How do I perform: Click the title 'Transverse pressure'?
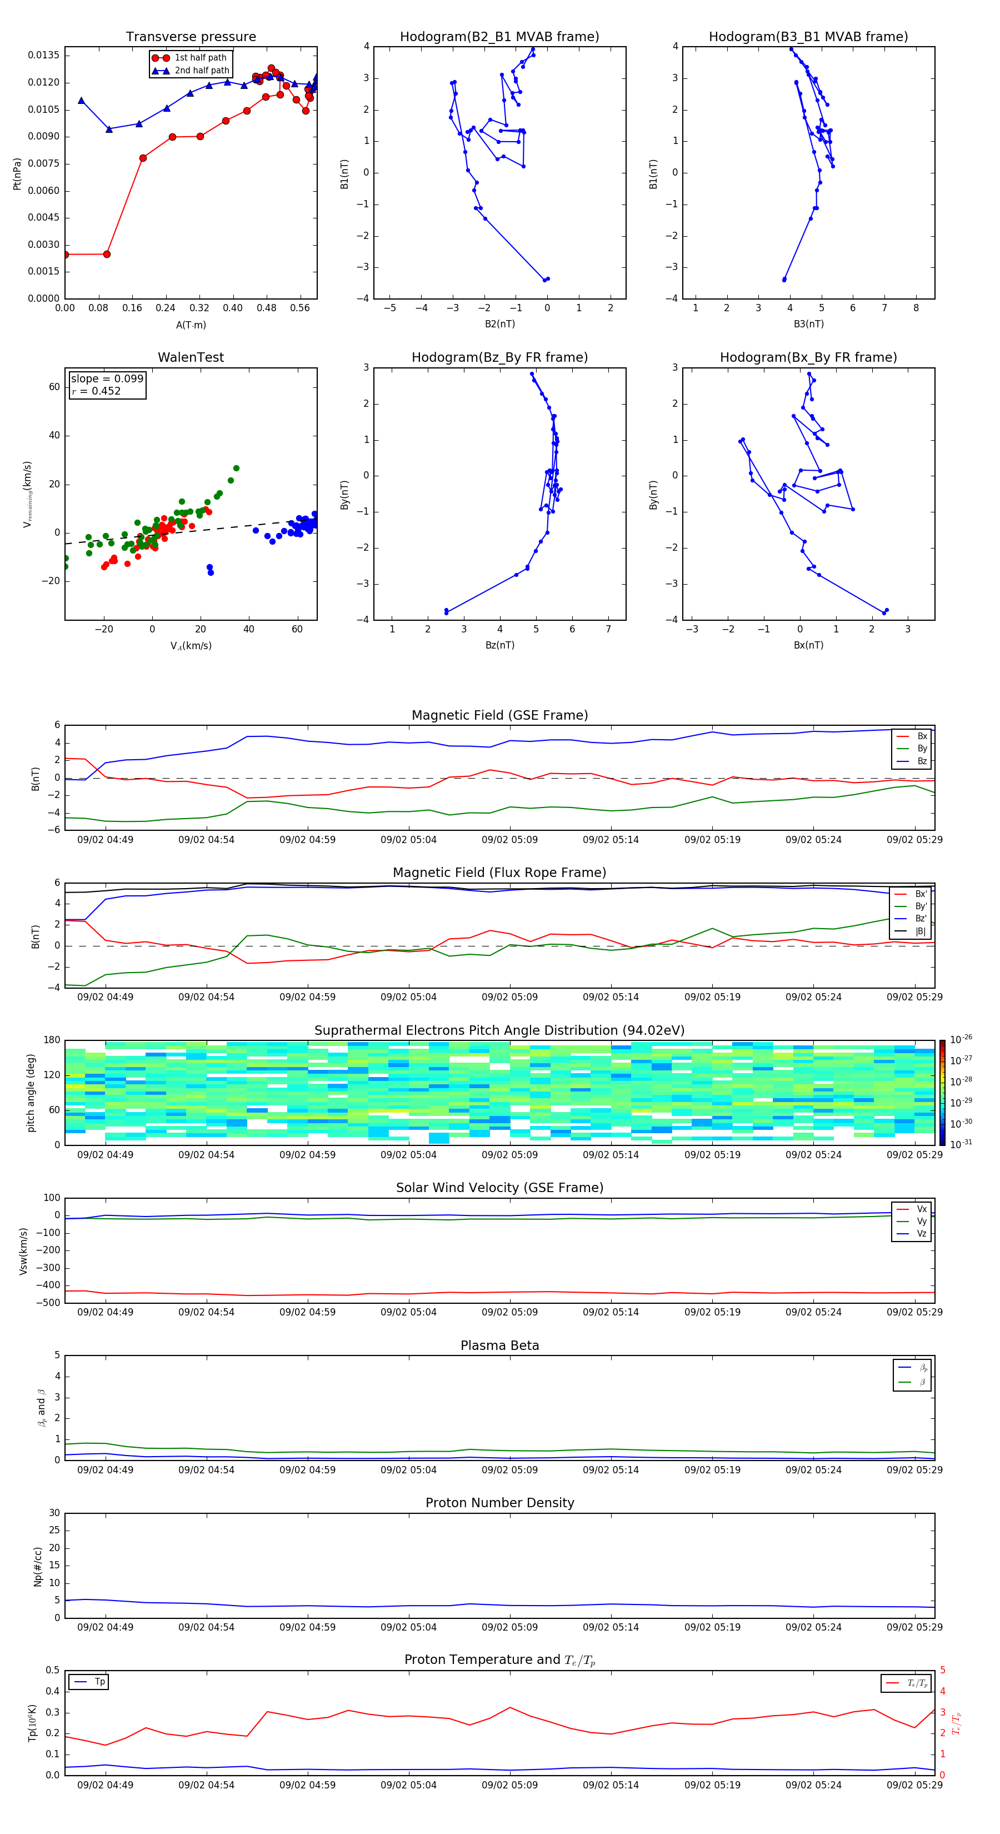tap(191, 37)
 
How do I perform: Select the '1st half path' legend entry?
tap(200, 58)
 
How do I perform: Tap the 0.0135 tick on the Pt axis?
tap(44, 56)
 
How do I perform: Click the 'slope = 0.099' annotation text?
tap(107, 379)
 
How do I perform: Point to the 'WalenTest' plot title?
tap(191, 357)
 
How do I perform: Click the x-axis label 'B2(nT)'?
tap(499, 324)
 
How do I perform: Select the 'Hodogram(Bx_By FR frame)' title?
tap(808, 357)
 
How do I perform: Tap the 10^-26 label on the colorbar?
tap(961, 1039)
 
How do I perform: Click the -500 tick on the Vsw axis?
tap(48, 1303)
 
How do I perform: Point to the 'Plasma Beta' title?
tap(499, 1345)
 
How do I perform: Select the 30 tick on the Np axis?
tap(54, 1513)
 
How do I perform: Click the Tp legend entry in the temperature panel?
tap(99, 1682)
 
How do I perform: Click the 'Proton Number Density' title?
tap(499, 1503)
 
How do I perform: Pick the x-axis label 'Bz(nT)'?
tap(499, 645)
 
